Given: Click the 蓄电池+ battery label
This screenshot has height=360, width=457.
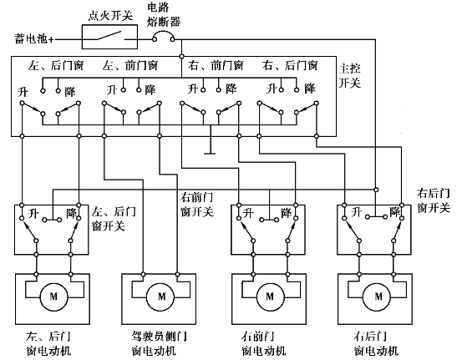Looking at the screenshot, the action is click(x=34, y=38).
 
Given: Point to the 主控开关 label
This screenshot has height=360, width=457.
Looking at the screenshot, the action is click(x=350, y=76).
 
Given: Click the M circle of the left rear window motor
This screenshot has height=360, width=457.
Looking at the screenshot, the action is click(x=53, y=297).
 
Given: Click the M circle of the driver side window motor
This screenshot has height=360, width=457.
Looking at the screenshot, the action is click(x=161, y=297).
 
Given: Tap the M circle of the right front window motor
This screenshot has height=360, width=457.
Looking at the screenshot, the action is click(x=270, y=297).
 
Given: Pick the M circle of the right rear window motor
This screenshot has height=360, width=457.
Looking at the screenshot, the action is click(x=378, y=297).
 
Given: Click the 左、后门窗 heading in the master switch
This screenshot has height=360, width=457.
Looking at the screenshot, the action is click(x=56, y=65).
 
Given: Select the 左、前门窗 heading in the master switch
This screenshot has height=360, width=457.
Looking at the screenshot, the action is click(x=130, y=65).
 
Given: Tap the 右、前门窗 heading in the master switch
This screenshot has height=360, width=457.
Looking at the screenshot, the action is click(x=216, y=65).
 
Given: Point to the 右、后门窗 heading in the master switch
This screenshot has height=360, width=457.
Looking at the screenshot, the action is click(x=290, y=65).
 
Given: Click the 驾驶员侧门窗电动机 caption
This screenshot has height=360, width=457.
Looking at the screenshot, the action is click(x=159, y=343).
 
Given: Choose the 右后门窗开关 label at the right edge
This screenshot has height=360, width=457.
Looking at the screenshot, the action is click(x=434, y=200).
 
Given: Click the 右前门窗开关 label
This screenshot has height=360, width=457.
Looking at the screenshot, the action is click(x=197, y=205).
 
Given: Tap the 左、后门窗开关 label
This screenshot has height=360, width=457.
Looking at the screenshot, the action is click(x=114, y=219).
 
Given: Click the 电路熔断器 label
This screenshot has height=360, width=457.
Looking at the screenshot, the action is click(x=163, y=14).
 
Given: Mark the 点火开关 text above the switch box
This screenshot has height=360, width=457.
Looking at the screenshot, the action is click(x=110, y=16).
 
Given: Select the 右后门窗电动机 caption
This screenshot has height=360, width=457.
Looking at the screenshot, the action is click(x=376, y=343).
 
